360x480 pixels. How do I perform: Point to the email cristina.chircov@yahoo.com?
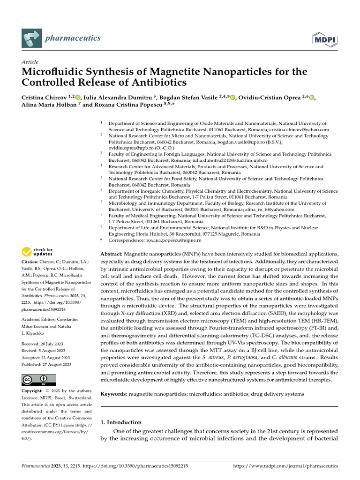coord(300,129)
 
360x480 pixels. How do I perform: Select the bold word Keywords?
coord(114,394)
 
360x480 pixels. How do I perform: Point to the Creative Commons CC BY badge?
coord(38,380)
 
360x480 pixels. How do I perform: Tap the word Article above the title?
coord(30,62)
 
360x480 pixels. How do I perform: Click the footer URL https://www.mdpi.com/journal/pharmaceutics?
coord(285,466)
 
